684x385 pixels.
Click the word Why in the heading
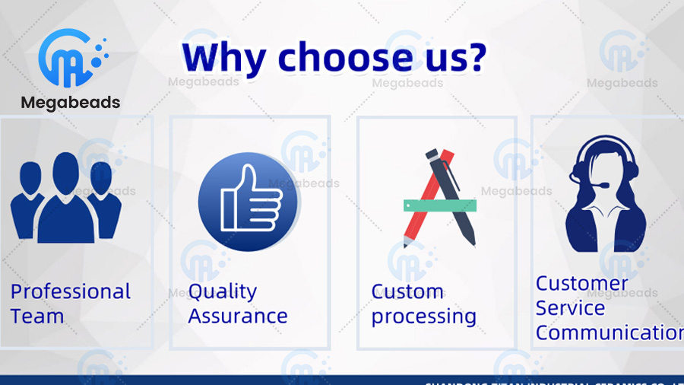click(x=224, y=59)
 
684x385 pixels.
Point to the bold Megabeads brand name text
click(x=71, y=103)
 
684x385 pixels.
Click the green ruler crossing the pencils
click(x=439, y=205)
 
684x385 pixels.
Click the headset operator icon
click(x=606, y=194)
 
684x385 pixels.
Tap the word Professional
click(x=71, y=292)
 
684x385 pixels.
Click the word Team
click(x=37, y=317)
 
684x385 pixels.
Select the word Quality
click(x=222, y=292)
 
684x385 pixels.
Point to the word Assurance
click(x=237, y=316)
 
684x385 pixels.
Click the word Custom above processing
click(x=407, y=292)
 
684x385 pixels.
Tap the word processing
click(x=423, y=317)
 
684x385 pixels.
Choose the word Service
click(x=570, y=308)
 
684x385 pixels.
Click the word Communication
click(x=609, y=332)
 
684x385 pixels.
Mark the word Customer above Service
click(x=581, y=284)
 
